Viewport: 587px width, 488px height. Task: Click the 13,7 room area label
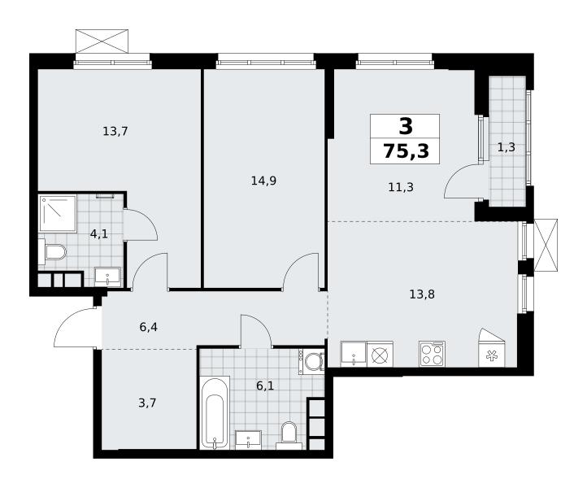(115, 132)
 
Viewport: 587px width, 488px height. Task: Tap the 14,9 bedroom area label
(263, 181)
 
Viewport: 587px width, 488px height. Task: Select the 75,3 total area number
(407, 151)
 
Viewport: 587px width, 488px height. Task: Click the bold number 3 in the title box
(406, 126)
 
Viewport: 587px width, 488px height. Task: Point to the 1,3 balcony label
(507, 147)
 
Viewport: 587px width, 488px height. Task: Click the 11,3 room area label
(401, 187)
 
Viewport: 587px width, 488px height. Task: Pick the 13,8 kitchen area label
(422, 294)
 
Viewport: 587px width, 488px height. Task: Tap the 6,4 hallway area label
(148, 327)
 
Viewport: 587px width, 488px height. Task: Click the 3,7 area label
(147, 403)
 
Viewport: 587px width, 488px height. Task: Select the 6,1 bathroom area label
(265, 386)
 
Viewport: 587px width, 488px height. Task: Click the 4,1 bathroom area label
(99, 234)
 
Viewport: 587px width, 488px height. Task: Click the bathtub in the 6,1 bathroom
(215, 412)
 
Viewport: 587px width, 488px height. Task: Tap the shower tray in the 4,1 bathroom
(58, 213)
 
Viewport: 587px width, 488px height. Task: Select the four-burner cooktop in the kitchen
(432, 354)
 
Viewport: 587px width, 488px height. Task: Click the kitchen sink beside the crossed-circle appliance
(354, 354)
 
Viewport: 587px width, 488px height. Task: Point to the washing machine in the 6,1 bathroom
(311, 361)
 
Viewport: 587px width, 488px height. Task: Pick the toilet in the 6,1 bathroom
(289, 436)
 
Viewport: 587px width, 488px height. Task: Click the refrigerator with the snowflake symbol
(492, 348)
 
